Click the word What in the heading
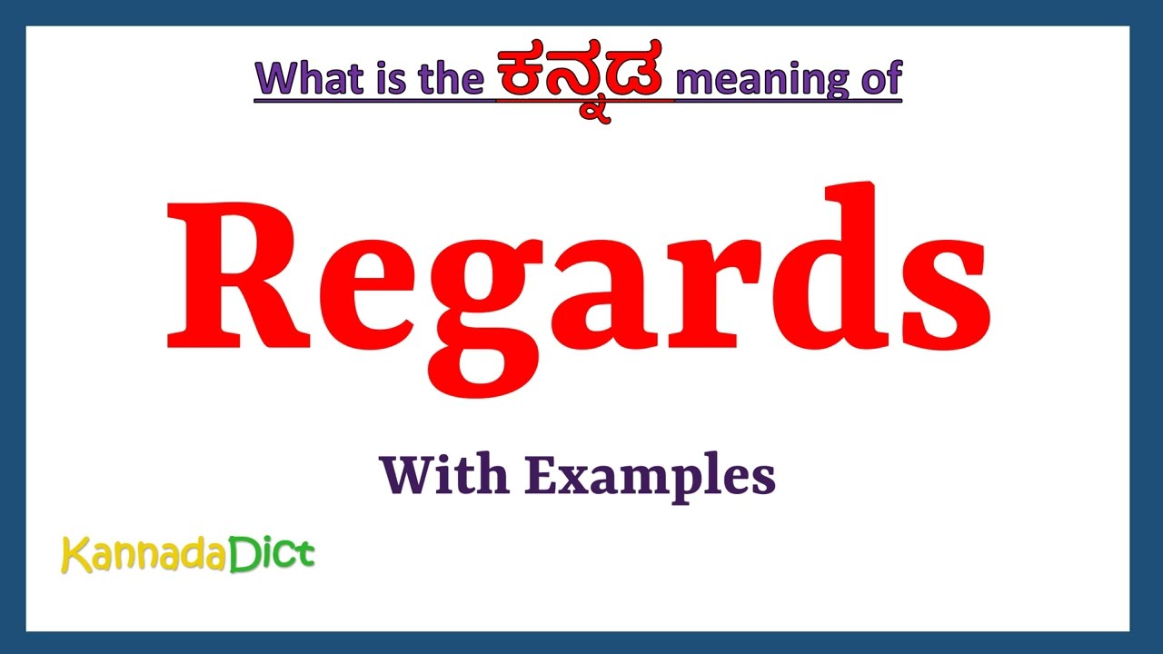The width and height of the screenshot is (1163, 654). (x=309, y=80)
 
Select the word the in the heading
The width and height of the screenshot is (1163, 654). (x=450, y=80)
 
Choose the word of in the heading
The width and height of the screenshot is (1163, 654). (x=878, y=80)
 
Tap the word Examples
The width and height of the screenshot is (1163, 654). (x=650, y=477)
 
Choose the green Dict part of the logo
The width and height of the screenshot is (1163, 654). (x=271, y=553)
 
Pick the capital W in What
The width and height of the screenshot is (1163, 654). (x=276, y=80)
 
